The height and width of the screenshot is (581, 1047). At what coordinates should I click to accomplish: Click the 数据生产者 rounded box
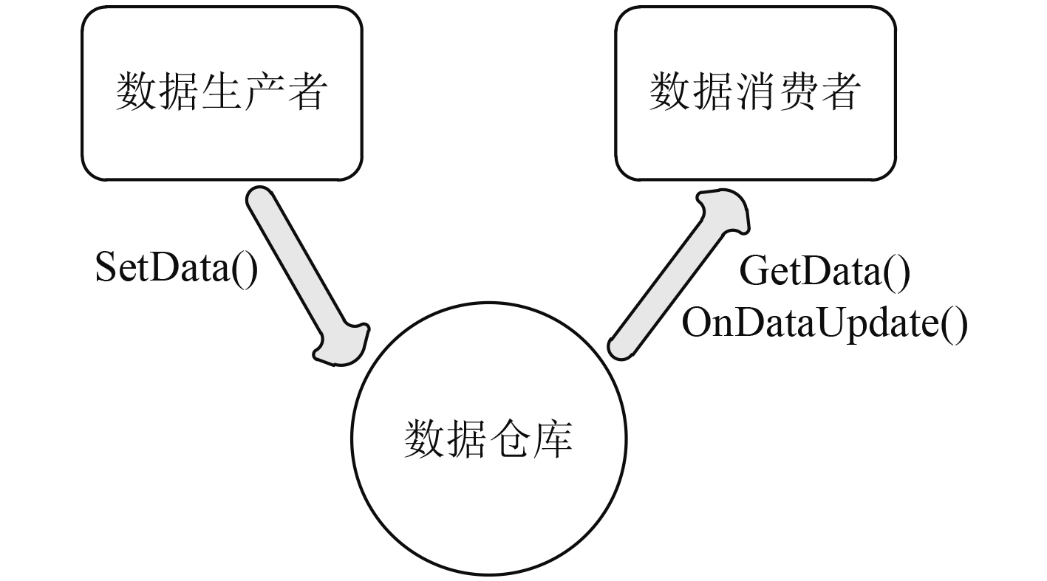[x=222, y=92]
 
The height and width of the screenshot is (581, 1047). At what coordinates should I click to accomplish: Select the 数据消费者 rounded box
[x=755, y=92]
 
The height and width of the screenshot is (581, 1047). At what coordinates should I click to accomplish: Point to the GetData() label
[x=825, y=272]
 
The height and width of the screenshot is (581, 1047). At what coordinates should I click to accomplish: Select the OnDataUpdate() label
[x=824, y=323]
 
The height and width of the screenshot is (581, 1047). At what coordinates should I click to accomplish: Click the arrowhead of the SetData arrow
[x=342, y=344]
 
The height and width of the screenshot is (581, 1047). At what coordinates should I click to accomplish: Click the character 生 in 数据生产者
[x=222, y=92]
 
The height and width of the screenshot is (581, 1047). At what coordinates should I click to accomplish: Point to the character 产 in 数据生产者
[x=264, y=92]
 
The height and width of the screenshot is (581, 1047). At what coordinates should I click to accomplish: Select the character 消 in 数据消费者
[x=755, y=92]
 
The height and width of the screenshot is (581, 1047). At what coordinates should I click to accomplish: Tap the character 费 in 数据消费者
[x=797, y=92]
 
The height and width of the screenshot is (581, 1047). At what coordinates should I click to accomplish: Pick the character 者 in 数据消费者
[x=839, y=92]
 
